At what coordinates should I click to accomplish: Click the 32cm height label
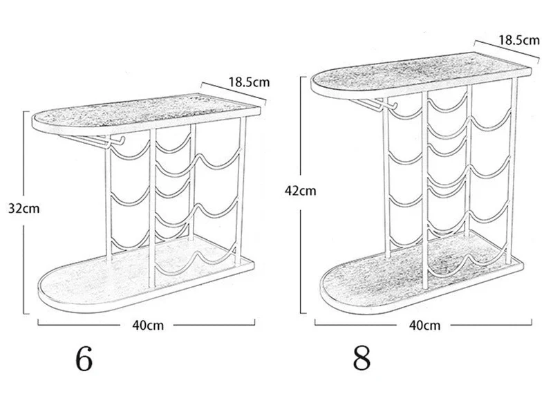click(24, 209)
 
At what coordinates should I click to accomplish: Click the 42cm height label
click(301, 191)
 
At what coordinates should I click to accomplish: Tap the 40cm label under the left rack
click(148, 325)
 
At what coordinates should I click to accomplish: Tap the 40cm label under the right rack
click(425, 325)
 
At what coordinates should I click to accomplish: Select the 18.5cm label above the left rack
click(249, 82)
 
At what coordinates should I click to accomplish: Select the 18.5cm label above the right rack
click(519, 40)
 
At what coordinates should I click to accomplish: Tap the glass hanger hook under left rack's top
click(93, 140)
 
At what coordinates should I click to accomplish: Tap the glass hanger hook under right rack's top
click(374, 104)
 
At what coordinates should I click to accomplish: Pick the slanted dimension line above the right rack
click(507, 50)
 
